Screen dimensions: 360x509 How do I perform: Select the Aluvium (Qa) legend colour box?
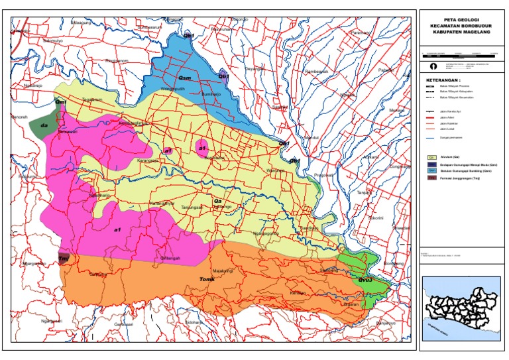tap(431, 157)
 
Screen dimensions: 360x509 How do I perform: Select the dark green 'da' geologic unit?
tap(44, 125)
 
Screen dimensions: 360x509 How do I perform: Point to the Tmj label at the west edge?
tap(64, 257)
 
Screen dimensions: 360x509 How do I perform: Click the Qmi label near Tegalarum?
tap(60, 103)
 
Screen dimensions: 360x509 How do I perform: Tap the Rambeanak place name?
tap(316, 72)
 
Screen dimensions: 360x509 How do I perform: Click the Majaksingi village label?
tap(222, 270)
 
